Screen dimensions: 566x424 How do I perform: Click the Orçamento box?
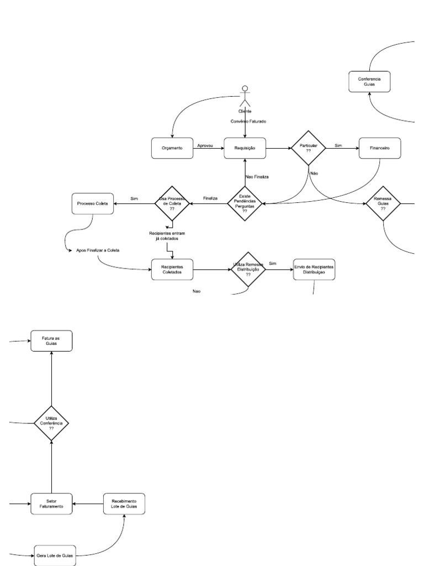[x=172, y=148]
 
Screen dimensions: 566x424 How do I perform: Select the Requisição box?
[x=245, y=148]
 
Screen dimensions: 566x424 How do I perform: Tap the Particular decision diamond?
[x=309, y=148]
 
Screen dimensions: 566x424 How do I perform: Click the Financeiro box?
[x=379, y=148]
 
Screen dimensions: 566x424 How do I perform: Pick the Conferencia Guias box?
[x=369, y=82]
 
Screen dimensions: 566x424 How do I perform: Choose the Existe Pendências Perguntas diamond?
[x=245, y=204]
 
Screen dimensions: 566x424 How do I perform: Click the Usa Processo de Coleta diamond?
[x=172, y=204]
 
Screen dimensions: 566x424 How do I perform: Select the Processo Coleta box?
[x=93, y=204]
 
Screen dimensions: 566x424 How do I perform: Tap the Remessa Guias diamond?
[x=383, y=204]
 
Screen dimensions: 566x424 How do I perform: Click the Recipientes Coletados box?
[x=172, y=269]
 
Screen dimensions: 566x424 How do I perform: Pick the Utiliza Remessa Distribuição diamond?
[x=248, y=269]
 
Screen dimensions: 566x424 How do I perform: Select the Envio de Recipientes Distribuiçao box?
[x=314, y=269]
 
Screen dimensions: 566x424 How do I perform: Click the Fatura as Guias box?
[x=51, y=340]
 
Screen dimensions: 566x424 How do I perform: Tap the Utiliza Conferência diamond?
[x=51, y=424]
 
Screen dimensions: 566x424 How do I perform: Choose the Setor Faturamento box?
[x=51, y=504]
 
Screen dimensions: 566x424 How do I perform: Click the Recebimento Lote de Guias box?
[x=124, y=504]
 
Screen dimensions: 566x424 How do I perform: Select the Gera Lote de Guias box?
[x=54, y=554]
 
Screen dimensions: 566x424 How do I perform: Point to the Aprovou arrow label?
[x=205, y=145]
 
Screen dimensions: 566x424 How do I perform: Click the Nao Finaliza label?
[x=257, y=177]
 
